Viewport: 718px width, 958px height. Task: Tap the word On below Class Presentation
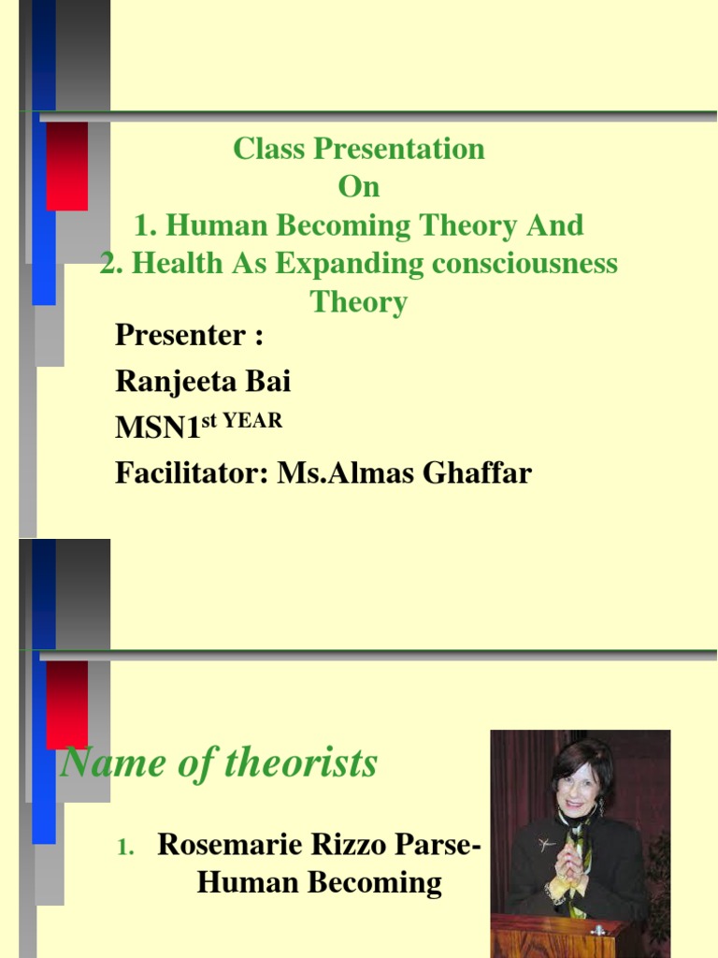[x=359, y=187]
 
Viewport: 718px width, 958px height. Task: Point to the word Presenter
[x=180, y=334]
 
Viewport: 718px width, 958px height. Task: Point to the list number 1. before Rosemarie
[x=126, y=847]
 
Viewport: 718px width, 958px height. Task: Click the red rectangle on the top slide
[x=66, y=166]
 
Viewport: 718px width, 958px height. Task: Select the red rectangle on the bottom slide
[x=66, y=704]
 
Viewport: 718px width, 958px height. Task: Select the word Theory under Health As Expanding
[x=359, y=302]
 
